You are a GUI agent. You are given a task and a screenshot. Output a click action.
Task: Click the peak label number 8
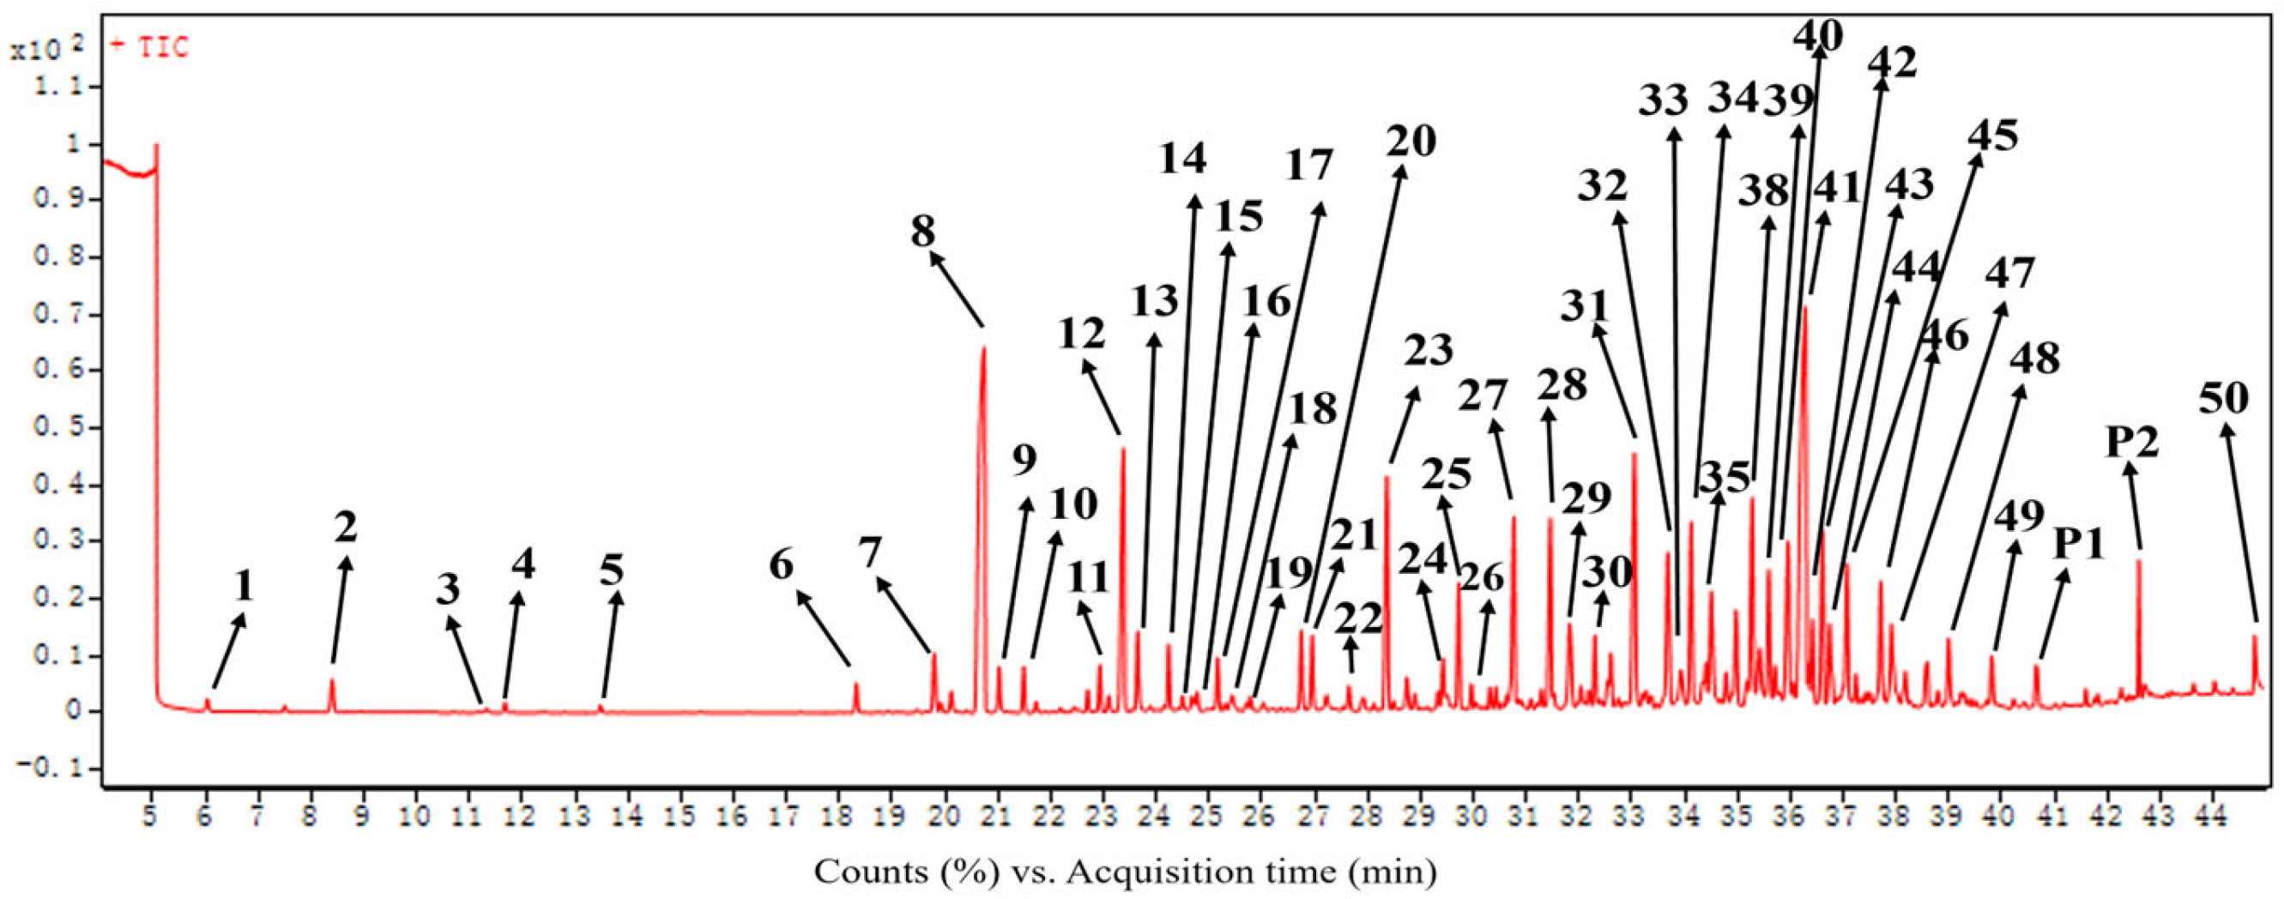coord(922,232)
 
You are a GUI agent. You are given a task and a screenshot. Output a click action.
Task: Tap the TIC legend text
coord(164,47)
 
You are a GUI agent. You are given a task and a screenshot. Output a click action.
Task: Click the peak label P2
coord(2132,442)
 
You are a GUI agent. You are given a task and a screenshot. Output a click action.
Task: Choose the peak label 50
coord(2224,400)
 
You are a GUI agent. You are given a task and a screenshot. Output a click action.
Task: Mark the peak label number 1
coord(244,585)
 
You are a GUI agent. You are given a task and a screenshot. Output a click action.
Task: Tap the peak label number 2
coord(346,528)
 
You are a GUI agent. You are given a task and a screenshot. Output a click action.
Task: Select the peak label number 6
coord(781,564)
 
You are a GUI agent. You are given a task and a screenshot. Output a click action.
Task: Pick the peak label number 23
coord(1429,351)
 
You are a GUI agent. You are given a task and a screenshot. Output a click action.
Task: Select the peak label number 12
coord(1082,335)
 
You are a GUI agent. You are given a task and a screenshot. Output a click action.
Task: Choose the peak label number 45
coord(1993,136)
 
